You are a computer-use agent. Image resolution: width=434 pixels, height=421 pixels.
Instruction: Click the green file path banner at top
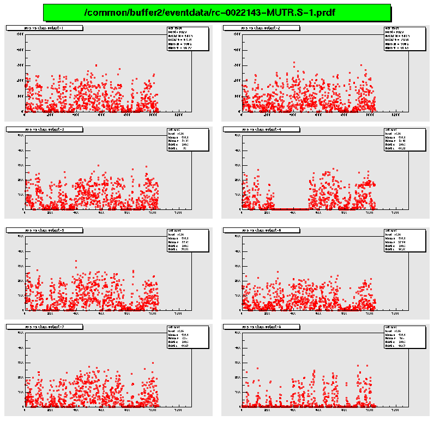click(216, 13)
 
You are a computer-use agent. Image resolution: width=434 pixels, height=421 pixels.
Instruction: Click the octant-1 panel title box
click(44, 28)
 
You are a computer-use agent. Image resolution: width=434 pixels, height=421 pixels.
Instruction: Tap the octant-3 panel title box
click(44, 129)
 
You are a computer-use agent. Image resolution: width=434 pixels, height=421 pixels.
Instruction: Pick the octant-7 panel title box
click(44, 326)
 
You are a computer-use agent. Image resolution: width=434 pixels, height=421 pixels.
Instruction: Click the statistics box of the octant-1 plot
click(188, 38)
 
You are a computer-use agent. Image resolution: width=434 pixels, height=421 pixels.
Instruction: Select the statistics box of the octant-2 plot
click(404, 38)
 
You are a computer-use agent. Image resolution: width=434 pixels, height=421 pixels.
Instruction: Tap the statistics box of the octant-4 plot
click(404, 140)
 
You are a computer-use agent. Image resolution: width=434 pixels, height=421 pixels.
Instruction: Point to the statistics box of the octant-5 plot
click(188, 240)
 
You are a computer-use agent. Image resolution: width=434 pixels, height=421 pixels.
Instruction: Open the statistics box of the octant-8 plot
click(404, 336)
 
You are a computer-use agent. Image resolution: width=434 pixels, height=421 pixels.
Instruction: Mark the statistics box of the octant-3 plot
click(188, 140)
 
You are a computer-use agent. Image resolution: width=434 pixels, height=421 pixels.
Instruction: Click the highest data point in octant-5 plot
click(76, 261)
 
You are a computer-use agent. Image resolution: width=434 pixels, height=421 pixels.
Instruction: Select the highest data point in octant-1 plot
click(96, 65)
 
